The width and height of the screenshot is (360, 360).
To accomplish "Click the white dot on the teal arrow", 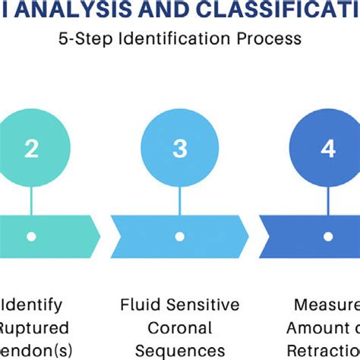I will pyautogui.click(x=31, y=236).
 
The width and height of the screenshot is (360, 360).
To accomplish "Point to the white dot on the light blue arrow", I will pyautogui.click(x=180, y=236).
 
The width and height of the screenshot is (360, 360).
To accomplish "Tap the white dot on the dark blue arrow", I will pyautogui.click(x=328, y=236).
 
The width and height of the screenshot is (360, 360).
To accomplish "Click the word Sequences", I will pyautogui.click(x=179, y=350).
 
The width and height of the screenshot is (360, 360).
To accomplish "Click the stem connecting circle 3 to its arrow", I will pyautogui.click(x=180, y=199).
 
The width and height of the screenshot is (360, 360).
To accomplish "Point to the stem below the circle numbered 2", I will pyautogui.click(x=31, y=199).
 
